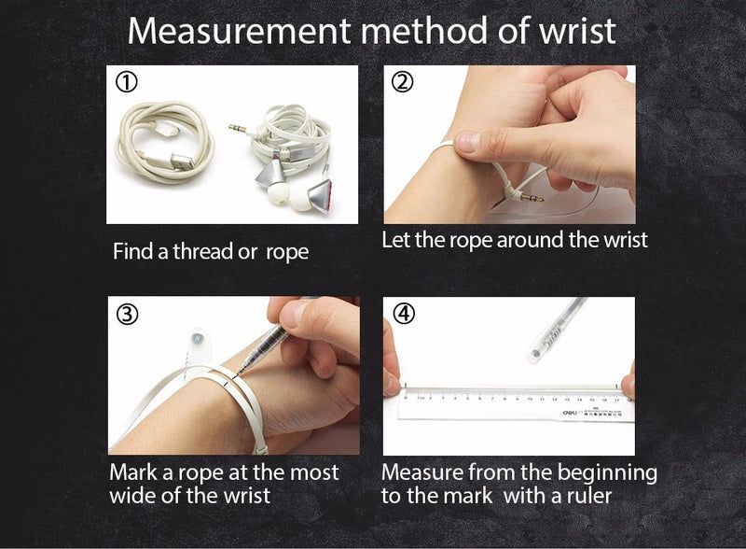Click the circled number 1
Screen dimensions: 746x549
click(127, 82)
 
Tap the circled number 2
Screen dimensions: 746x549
click(403, 82)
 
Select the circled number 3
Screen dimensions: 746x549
click(128, 315)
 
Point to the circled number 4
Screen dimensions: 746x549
click(404, 314)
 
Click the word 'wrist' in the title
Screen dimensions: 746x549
click(577, 32)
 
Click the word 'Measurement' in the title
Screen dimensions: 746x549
click(239, 32)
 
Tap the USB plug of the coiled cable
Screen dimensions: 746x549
click(181, 162)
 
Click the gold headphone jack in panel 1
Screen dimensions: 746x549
click(237, 128)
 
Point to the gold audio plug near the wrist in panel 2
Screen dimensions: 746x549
click(532, 197)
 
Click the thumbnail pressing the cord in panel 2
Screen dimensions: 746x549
click(467, 142)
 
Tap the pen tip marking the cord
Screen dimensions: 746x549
click(240, 371)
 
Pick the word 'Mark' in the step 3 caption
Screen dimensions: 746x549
click(133, 472)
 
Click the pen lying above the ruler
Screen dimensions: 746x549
click(557, 329)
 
